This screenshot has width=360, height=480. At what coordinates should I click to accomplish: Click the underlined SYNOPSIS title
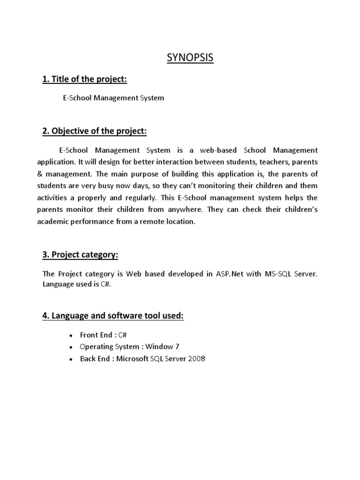coord(190,58)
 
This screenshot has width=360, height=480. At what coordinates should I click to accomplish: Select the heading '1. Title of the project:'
coord(84,80)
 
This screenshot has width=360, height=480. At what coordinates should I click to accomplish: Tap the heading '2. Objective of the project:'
coord(94,132)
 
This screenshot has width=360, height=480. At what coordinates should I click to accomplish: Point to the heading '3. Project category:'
coord(80,255)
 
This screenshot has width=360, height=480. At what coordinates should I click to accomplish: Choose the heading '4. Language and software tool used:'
coord(113,316)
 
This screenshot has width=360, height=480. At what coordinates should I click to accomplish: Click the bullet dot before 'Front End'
coord(70,336)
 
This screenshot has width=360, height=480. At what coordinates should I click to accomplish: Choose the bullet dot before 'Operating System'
coord(70,347)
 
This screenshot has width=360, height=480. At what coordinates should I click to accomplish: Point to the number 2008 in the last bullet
coord(197,359)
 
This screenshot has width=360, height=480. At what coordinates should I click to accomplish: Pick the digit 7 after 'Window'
coord(177,347)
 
